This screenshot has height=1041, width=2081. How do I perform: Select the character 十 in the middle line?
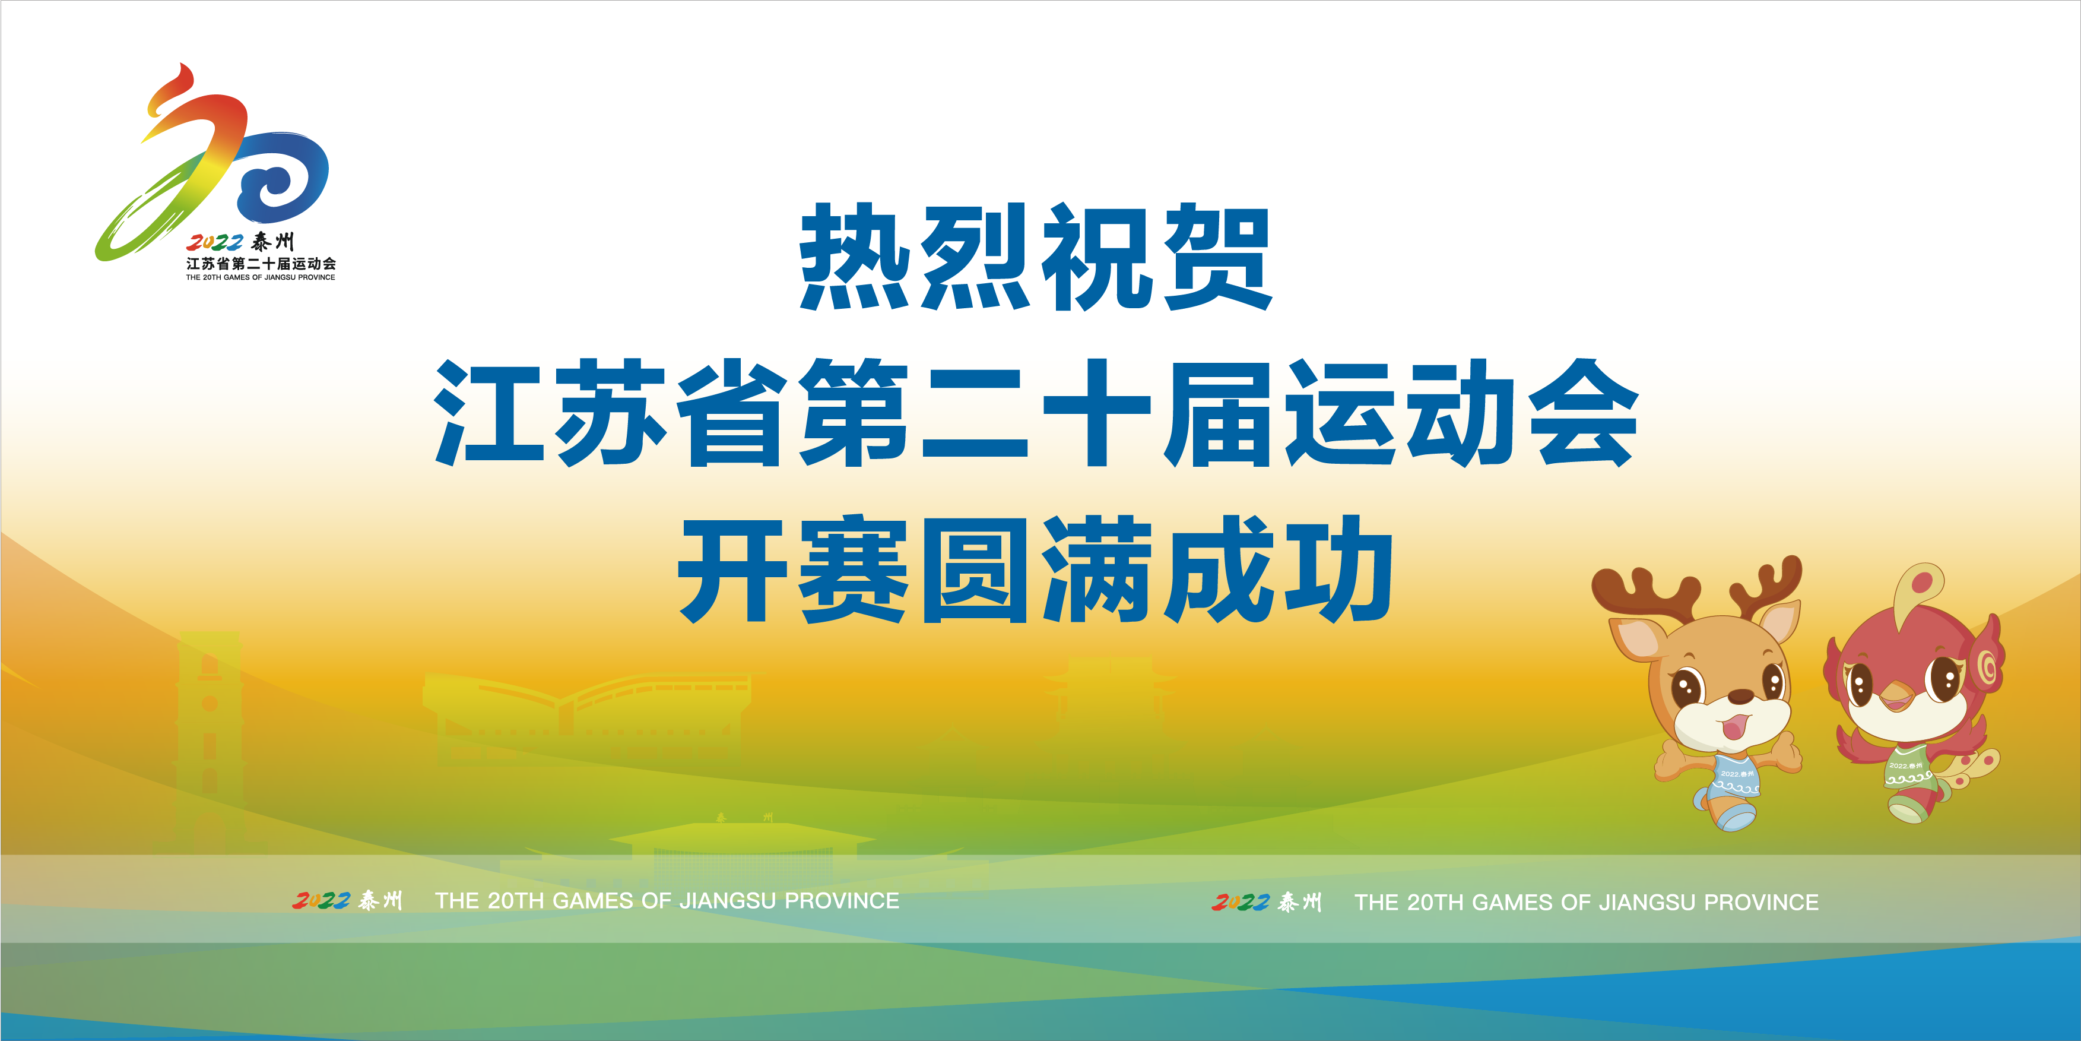click(1096, 412)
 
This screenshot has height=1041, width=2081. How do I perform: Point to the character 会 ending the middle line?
click(1584, 412)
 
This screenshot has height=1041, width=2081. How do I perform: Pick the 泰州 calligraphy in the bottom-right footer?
click(1300, 901)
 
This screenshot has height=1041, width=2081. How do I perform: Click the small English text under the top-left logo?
click(260, 277)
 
